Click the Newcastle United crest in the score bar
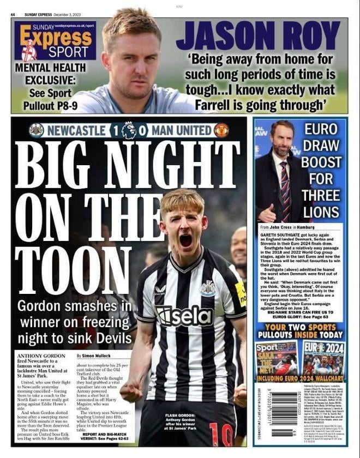pyautogui.click(x=37, y=130)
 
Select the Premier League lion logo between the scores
pyautogui.click(x=129, y=130)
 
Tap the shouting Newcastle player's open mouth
pyautogui.click(x=185, y=240)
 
